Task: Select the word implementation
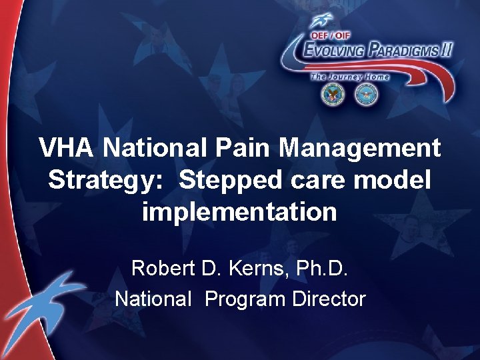coord(239,212)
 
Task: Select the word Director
coord(329,299)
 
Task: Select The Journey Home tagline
coord(349,77)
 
